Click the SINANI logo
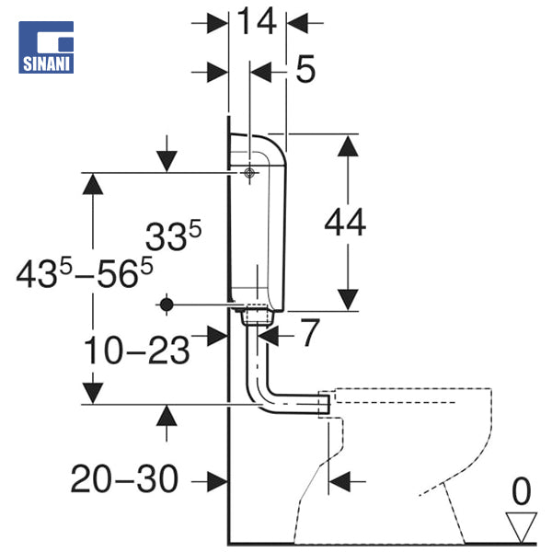coord(46,47)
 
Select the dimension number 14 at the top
coord(257,22)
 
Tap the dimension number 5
coord(305,70)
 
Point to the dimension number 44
coord(345,223)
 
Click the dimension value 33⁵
coord(173,236)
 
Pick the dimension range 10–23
coord(136,350)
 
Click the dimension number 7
coord(310,332)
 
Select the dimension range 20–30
coord(124,478)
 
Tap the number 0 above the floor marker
coord(521,491)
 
